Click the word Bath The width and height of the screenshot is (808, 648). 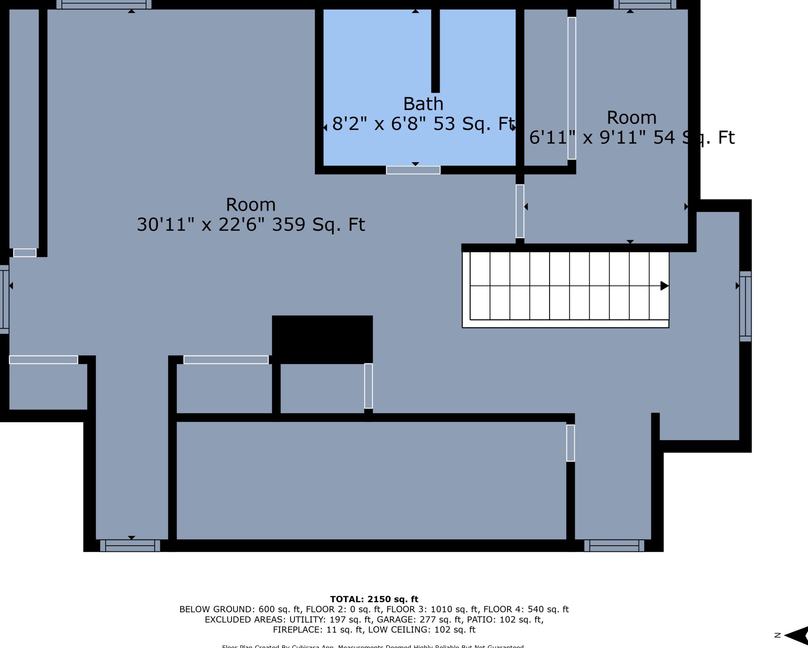(x=423, y=104)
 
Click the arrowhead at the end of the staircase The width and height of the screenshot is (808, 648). (x=664, y=286)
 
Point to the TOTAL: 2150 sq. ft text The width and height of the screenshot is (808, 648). (x=374, y=599)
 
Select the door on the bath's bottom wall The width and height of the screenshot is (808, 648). (x=413, y=170)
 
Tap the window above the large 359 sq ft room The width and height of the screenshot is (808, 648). (x=104, y=5)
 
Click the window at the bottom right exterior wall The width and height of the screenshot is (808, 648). (x=614, y=546)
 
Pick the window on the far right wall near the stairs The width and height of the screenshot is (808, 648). (x=745, y=306)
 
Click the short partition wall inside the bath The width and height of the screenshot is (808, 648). (x=435, y=51)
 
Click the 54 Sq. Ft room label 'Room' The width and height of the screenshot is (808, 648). (x=631, y=118)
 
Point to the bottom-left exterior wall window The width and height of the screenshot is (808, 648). (x=130, y=546)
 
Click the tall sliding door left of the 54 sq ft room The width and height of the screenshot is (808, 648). (x=572, y=88)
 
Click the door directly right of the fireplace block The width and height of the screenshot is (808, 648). (x=368, y=386)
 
